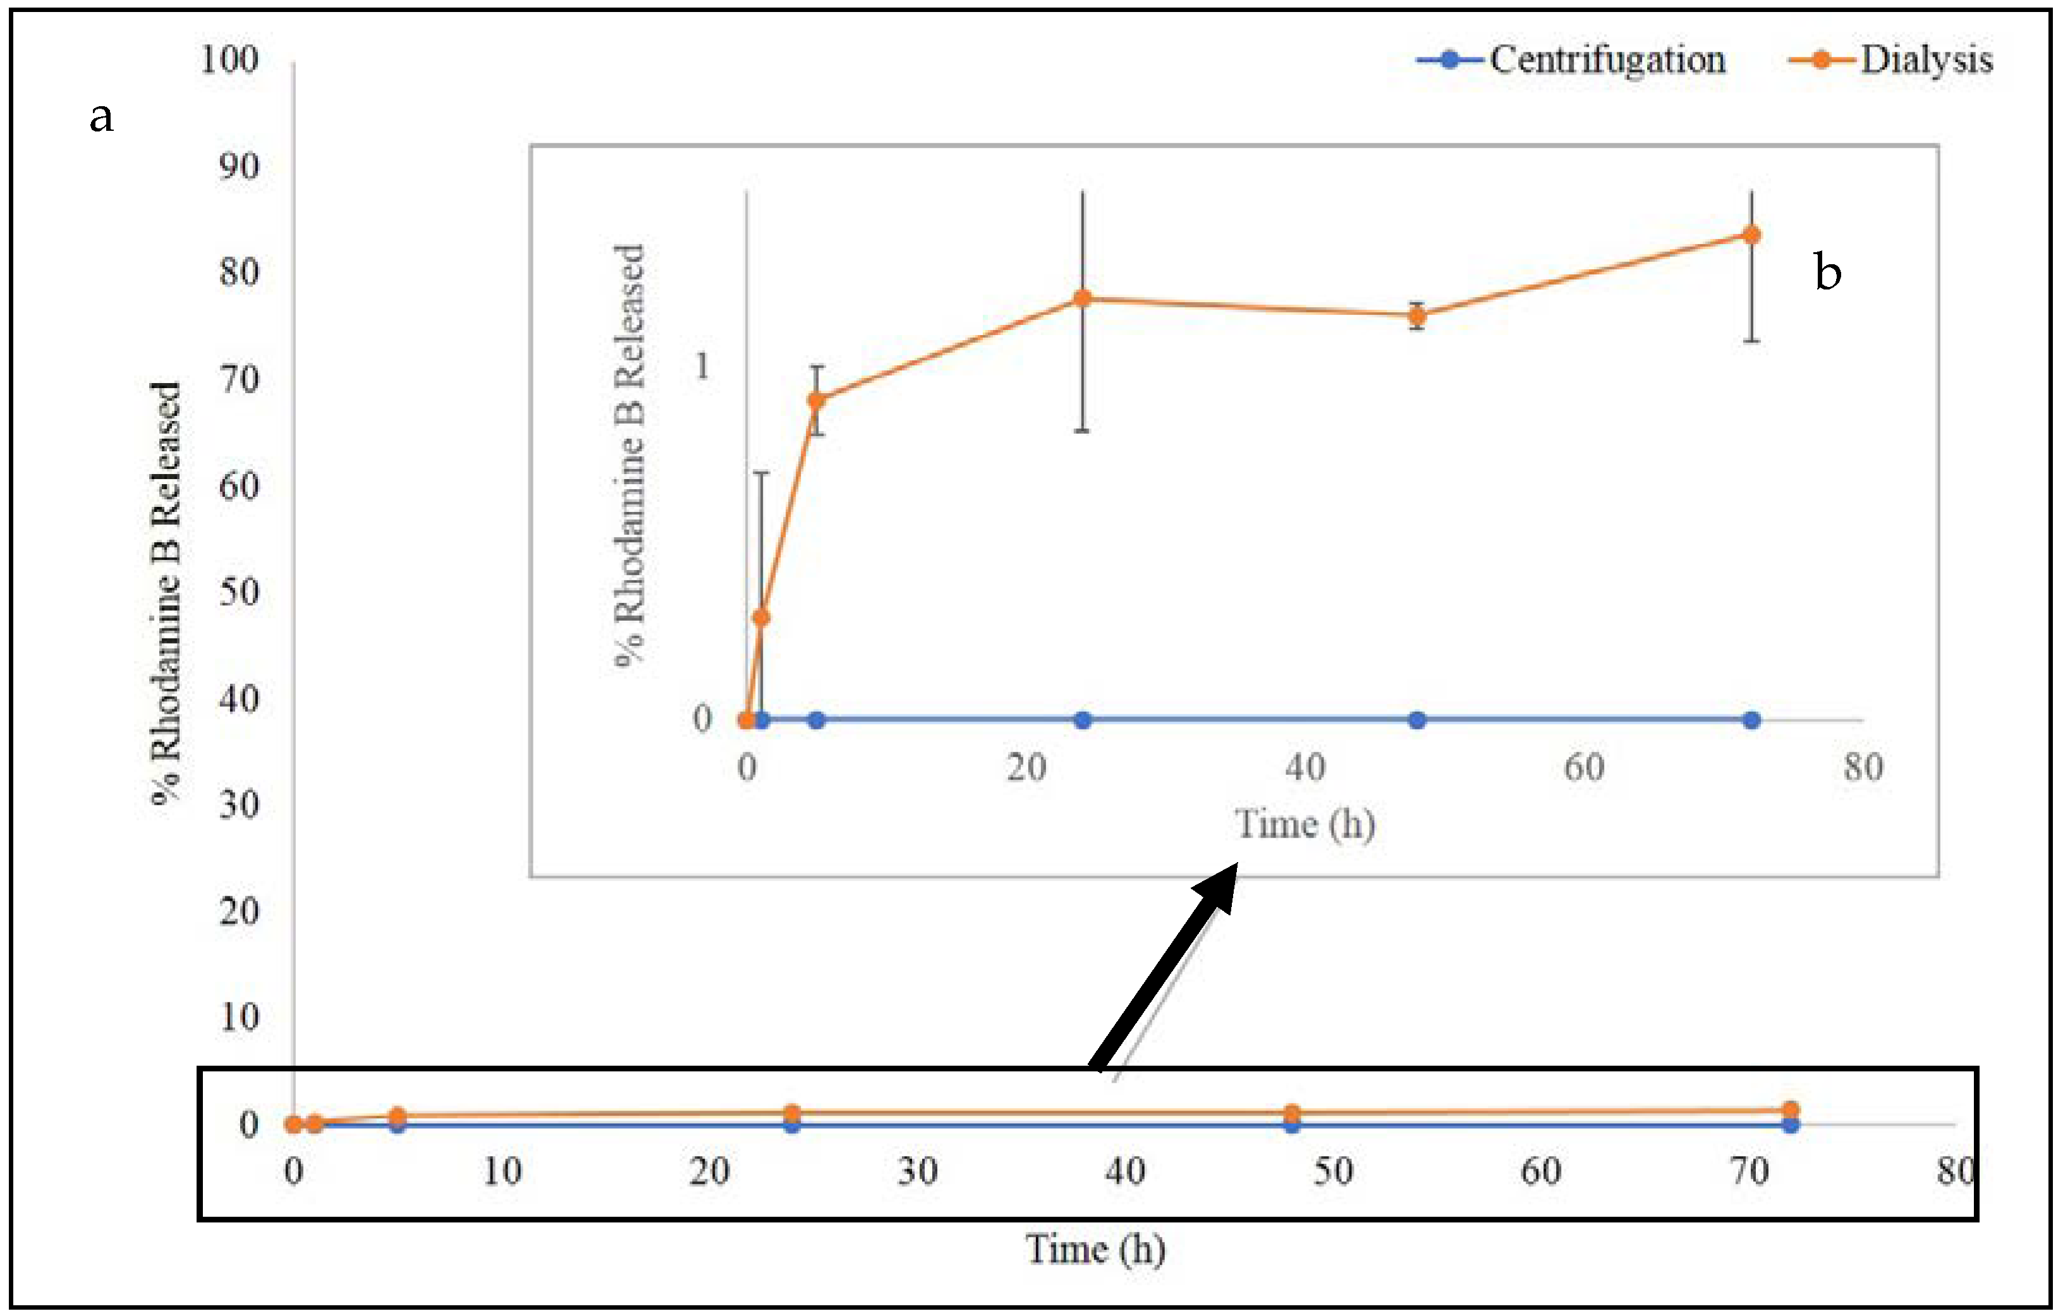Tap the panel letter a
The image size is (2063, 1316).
[101, 116]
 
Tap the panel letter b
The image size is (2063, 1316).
[1827, 272]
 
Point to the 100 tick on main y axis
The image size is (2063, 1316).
[229, 60]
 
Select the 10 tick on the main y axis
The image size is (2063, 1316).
[239, 1017]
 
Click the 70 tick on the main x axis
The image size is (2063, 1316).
[1749, 1171]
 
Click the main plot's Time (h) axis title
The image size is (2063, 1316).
[1096, 1249]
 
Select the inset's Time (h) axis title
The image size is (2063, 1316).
[1305, 824]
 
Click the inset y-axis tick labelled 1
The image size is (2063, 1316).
[702, 367]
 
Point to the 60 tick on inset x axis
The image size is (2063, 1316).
[1584, 767]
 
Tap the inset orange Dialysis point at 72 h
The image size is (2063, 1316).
[1752, 235]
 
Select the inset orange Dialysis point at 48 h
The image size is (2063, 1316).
[1417, 315]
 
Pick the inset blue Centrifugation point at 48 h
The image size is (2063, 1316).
[1417, 720]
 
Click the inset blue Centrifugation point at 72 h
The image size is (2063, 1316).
[1752, 720]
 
